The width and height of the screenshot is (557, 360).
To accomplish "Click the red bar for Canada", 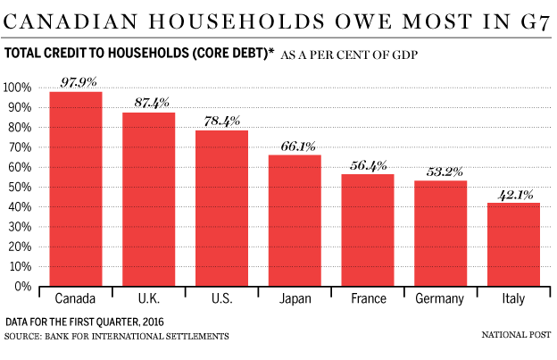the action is [76, 188].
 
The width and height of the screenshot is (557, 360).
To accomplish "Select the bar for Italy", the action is [513, 245].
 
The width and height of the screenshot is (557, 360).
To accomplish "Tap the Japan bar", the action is [295, 221].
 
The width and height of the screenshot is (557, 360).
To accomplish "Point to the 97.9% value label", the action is [79, 82].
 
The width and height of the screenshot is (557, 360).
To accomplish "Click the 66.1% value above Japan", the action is [298, 147].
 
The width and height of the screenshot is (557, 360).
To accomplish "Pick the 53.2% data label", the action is [445, 172].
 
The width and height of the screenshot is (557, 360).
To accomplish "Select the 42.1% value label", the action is [515, 195].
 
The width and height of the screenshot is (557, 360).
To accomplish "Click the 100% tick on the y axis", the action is [17, 88].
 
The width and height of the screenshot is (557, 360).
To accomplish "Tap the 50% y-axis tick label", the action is [20, 187].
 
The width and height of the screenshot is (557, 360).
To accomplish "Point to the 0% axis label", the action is [23, 287].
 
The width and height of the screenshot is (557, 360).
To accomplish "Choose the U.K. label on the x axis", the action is [149, 298].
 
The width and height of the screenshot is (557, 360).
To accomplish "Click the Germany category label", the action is [440, 299].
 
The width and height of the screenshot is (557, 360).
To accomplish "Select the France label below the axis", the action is [369, 298].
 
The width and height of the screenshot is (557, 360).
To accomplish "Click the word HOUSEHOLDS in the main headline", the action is [237, 21].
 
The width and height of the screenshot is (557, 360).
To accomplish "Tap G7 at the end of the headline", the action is [536, 21].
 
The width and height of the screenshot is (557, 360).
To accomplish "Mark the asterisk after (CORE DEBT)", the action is [271, 50].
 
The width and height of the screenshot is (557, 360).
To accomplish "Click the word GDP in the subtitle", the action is [405, 55].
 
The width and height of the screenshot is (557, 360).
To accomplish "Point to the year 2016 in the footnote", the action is [154, 322].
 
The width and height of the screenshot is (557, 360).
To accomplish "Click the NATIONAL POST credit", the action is [517, 335].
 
